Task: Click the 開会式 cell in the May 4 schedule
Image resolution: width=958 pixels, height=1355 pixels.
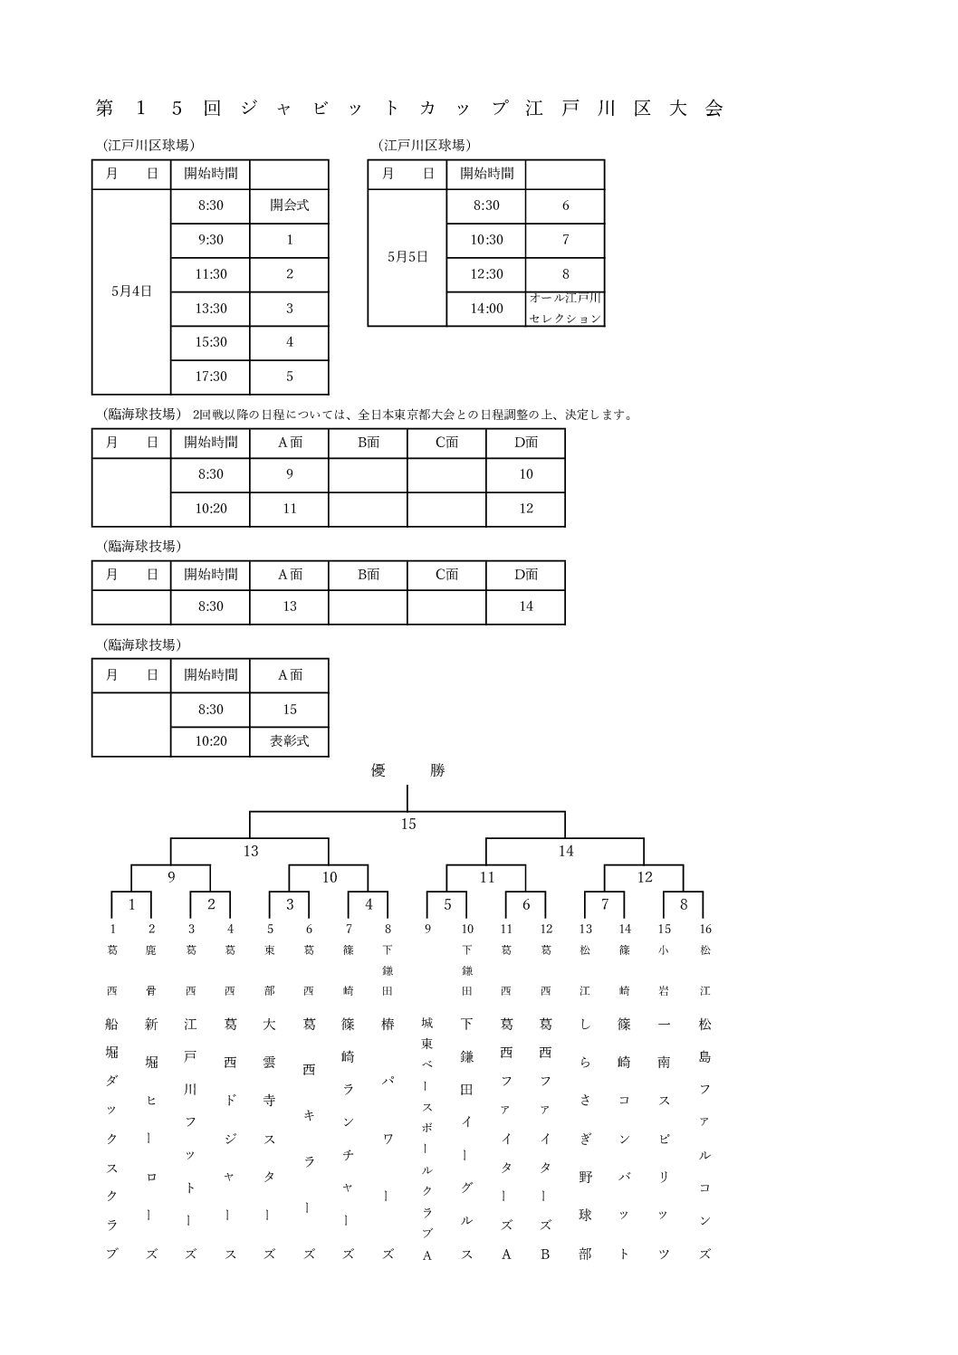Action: point(289,205)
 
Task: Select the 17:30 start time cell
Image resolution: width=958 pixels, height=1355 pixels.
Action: point(210,377)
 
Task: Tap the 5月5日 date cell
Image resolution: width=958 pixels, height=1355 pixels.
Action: point(407,257)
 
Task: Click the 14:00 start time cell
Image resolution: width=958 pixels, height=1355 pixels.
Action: point(486,309)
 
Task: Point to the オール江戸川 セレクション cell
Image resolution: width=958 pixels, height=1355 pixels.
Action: point(565,309)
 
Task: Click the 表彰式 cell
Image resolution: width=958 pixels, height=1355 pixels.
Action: point(289,741)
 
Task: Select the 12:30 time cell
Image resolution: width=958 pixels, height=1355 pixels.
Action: point(486,274)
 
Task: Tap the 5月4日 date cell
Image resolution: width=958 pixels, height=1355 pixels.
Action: point(131,291)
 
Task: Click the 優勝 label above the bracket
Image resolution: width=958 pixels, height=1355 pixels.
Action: point(408,771)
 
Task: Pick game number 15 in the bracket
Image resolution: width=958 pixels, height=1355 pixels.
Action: point(408,825)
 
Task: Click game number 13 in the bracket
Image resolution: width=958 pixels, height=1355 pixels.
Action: point(251,851)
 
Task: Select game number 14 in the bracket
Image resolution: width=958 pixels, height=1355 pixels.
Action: point(566,851)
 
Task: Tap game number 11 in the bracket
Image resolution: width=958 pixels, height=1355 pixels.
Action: point(487,877)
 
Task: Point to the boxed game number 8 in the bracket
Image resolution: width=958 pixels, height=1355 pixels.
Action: point(684,904)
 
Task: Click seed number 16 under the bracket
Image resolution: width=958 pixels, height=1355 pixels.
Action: point(705,929)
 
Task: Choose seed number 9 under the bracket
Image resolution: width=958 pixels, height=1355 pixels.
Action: point(427,929)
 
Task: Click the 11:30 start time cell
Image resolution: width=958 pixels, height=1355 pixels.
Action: point(210,274)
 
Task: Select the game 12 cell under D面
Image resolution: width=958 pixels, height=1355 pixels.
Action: point(526,509)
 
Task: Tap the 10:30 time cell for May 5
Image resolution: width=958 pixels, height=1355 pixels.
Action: point(486,240)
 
